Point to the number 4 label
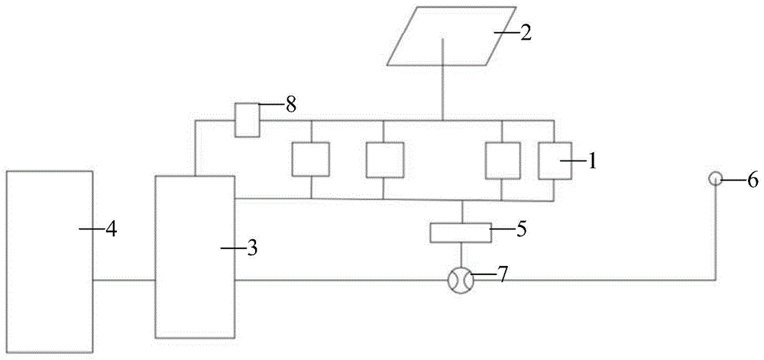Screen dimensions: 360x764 point(111,228)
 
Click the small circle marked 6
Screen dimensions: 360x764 point(715,179)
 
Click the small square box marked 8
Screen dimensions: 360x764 point(246,121)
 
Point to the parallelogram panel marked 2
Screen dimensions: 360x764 point(442,36)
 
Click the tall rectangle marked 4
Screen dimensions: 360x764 point(49,262)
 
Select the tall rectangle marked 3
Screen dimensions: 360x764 point(195,257)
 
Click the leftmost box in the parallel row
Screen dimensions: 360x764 point(310,161)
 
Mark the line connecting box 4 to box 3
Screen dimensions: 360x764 point(124,281)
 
